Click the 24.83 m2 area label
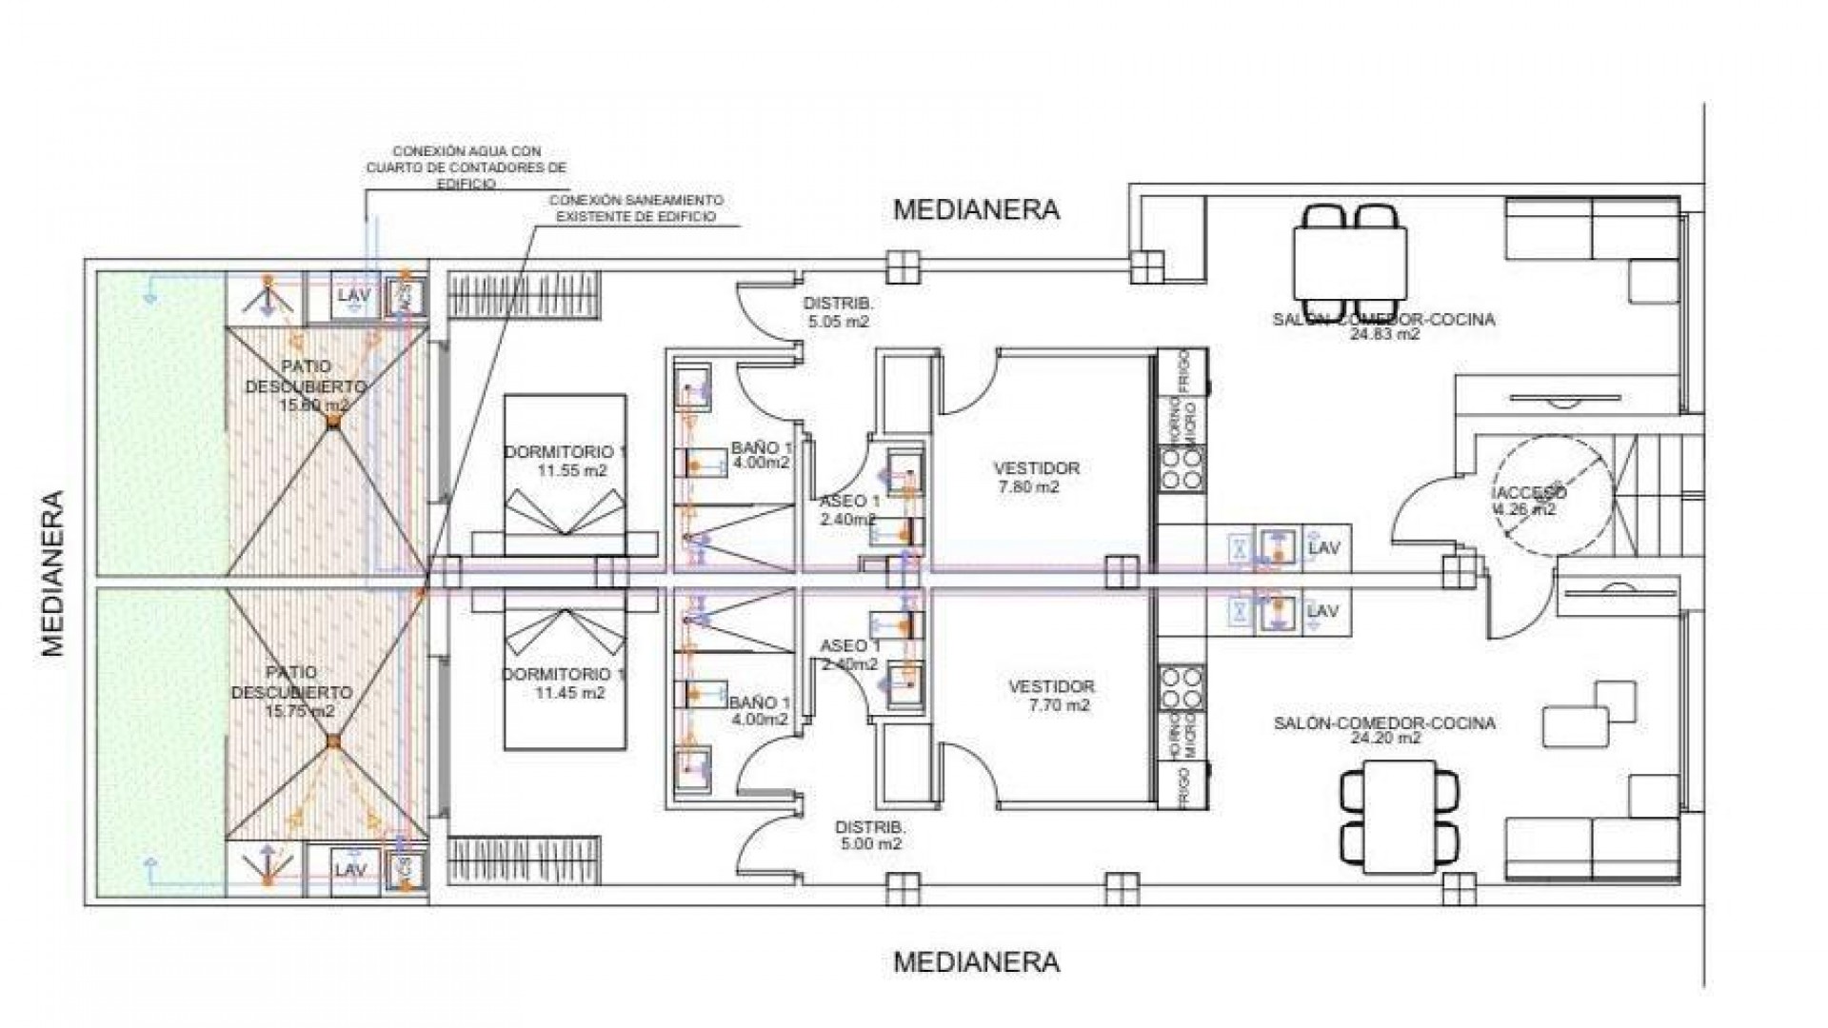point(1384,334)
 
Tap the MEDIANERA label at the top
point(976,210)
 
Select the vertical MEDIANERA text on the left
point(53,573)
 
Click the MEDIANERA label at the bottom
point(976,961)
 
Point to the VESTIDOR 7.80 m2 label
point(1036,477)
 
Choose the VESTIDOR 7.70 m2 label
point(1051,696)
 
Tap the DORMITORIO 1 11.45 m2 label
point(564,683)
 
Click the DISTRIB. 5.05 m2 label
point(839,312)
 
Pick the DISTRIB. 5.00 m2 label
point(870,835)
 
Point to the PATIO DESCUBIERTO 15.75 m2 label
point(291,692)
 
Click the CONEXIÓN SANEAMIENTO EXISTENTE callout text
point(636,208)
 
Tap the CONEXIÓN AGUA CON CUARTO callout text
point(467,168)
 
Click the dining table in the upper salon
point(1349,263)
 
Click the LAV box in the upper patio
point(353,295)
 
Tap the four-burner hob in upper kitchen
point(1182,469)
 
